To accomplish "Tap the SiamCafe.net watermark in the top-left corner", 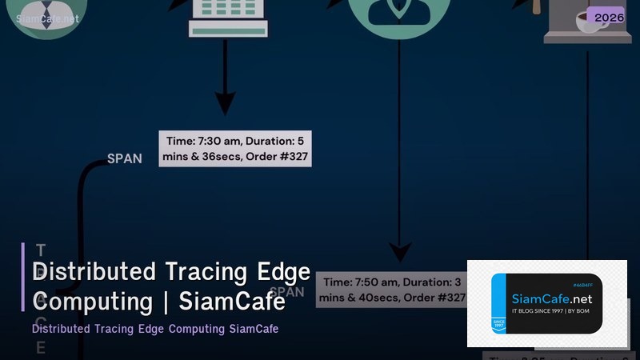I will [47, 18].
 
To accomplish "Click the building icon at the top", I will [228, 16].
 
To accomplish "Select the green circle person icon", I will [399, 14].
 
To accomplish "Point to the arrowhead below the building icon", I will [226, 103].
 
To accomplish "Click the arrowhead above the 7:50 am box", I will [399, 252].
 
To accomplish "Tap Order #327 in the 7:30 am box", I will [281, 157].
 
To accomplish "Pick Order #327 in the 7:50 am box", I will [437, 298].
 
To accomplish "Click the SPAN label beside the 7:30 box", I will [125, 158].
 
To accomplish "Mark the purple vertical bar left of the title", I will [23, 277].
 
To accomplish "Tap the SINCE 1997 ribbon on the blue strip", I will [498, 322].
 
